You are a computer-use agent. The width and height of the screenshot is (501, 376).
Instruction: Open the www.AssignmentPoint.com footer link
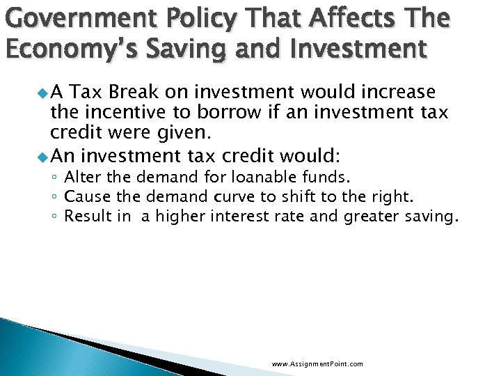[x=317, y=364]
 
